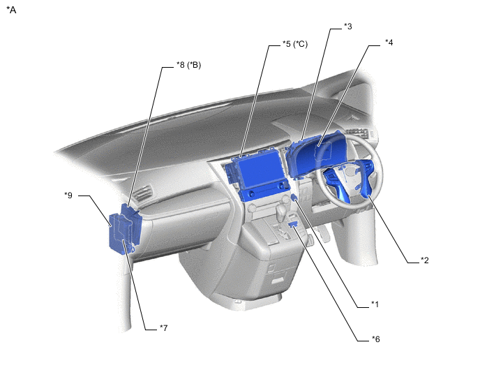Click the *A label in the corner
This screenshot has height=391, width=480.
(x=11, y=10)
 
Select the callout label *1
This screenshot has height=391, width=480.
(x=375, y=304)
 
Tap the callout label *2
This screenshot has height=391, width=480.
(x=425, y=260)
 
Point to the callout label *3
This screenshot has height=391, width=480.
(x=348, y=27)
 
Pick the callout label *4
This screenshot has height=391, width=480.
(x=389, y=43)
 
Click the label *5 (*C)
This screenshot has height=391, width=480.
(x=295, y=44)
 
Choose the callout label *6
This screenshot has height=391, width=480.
(x=375, y=339)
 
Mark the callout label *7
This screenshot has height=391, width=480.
(x=164, y=328)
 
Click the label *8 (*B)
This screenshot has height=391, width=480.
(x=189, y=65)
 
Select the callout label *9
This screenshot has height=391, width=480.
(x=68, y=195)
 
